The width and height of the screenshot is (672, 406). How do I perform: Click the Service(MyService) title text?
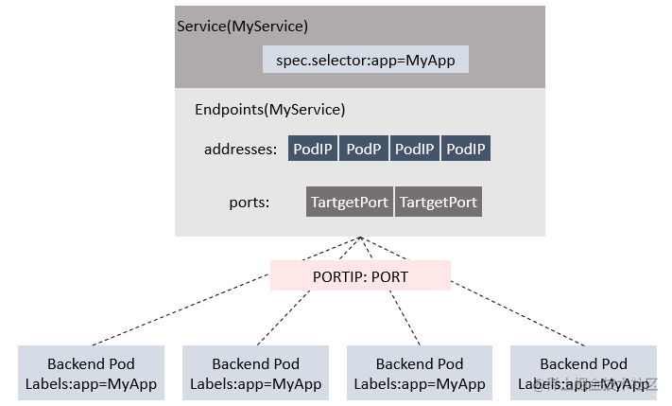tap(243, 26)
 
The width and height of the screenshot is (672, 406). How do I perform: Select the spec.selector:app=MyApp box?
tap(366, 60)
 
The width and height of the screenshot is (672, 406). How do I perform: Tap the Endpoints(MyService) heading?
tap(269, 110)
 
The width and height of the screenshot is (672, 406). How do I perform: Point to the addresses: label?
tap(240, 150)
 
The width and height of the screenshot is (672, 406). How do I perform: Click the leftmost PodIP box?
tap(313, 150)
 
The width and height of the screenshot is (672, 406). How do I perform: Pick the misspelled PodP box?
tap(364, 150)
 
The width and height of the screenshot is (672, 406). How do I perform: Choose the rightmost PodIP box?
tap(466, 150)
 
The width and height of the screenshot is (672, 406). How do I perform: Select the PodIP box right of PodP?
tap(415, 150)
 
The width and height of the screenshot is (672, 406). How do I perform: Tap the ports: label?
tap(249, 203)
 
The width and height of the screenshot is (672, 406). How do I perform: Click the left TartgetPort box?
tap(350, 203)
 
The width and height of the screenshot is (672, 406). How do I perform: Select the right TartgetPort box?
tap(439, 203)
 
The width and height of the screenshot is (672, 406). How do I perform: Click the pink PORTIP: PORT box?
tap(360, 275)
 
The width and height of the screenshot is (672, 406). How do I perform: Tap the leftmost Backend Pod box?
tap(91, 374)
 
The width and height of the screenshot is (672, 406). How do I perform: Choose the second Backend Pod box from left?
tap(255, 374)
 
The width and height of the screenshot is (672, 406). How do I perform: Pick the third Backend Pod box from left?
tap(420, 374)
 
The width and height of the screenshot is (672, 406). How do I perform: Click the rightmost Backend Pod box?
tap(583, 374)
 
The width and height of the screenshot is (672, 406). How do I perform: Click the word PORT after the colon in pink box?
tap(389, 275)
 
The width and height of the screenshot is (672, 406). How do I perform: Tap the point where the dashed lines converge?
tap(360, 238)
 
